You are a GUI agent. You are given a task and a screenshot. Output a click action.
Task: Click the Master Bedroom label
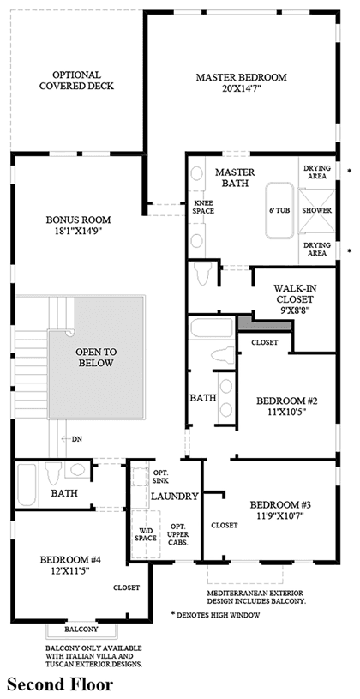click(241, 77)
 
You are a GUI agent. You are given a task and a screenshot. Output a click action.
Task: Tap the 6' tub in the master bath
click(279, 211)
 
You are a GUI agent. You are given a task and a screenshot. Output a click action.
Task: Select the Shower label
click(317, 210)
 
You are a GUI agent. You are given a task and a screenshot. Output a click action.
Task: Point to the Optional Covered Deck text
click(76, 81)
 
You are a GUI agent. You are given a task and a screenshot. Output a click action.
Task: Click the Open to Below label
click(96, 357)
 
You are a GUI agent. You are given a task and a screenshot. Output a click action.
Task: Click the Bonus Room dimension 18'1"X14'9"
click(78, 231)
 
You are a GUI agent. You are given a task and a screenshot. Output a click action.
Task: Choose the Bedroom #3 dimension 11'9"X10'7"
click(279, 515)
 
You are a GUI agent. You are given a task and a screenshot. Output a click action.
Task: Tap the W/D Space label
click(145, 534)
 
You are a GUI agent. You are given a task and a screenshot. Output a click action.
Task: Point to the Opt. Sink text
click(160, 477)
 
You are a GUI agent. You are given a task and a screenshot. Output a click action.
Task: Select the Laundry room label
click(174, 496)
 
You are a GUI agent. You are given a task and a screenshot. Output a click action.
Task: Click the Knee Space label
click(203, 208)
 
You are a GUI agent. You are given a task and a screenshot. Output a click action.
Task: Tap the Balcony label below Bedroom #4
click(81, 630)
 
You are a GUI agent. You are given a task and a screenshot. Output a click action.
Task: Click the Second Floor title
click(60, 684)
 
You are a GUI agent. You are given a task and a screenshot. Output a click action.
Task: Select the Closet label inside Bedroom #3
click(224, 526)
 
